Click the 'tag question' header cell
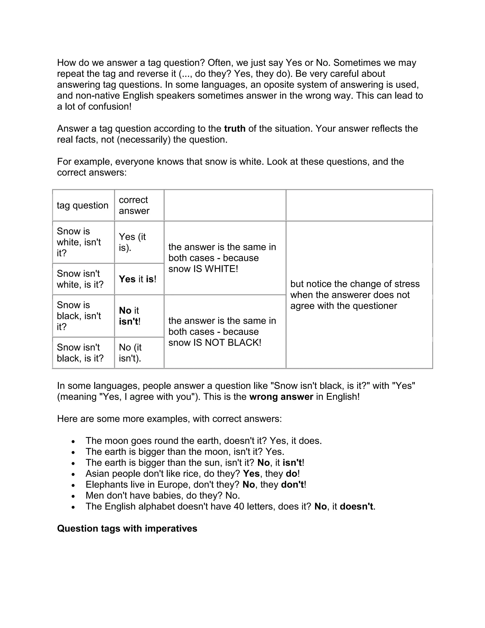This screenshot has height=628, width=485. (83, 205)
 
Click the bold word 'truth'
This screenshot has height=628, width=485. (235, 128)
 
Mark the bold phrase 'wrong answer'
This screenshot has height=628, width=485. (281, 397)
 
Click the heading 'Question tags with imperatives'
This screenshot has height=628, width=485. (127, 528)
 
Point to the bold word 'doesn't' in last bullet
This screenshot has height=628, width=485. (356, 506)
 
